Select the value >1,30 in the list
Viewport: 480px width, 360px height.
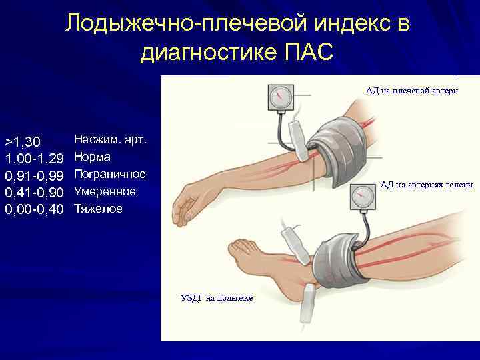[x=23, y=141]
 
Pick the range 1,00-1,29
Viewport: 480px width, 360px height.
[x=34, y=159]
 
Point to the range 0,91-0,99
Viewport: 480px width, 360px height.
[x=34, y=175]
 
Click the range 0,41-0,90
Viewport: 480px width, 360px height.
[x=34, y=193]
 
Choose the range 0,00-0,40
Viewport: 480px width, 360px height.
[x=34, y=209]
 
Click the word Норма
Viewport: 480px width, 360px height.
[x=92, y=157]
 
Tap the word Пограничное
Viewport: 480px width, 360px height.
[x=109, y=175]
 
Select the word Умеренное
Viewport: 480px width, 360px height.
[x=105, y=192]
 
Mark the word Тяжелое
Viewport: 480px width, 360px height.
[x=98, y=209]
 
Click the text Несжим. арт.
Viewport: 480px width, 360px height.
[x=109, y=140]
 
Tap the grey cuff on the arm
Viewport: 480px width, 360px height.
[x=339, y=144]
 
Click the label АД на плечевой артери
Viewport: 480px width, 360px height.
[x=411, y=91]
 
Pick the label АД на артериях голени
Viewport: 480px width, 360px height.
[x=427, y=185]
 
